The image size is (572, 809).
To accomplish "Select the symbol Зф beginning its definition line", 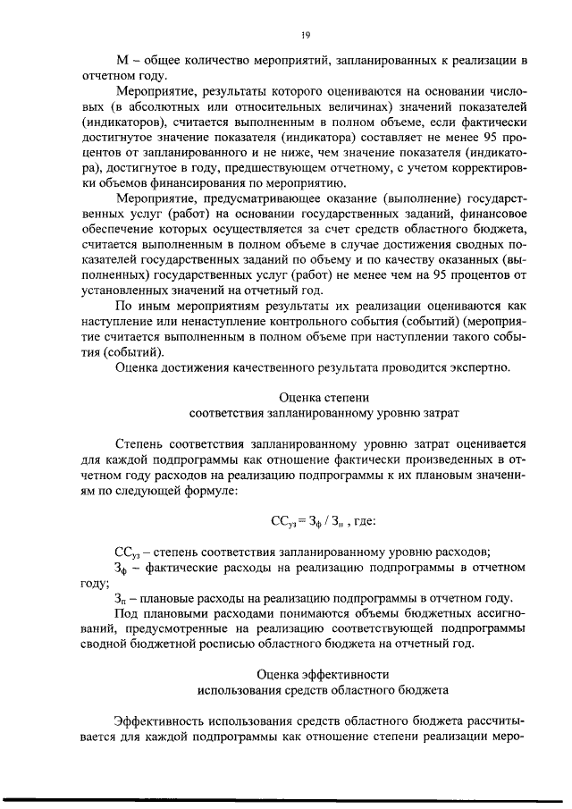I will point(122,568).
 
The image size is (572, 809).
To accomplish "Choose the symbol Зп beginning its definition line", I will point(122,597).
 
